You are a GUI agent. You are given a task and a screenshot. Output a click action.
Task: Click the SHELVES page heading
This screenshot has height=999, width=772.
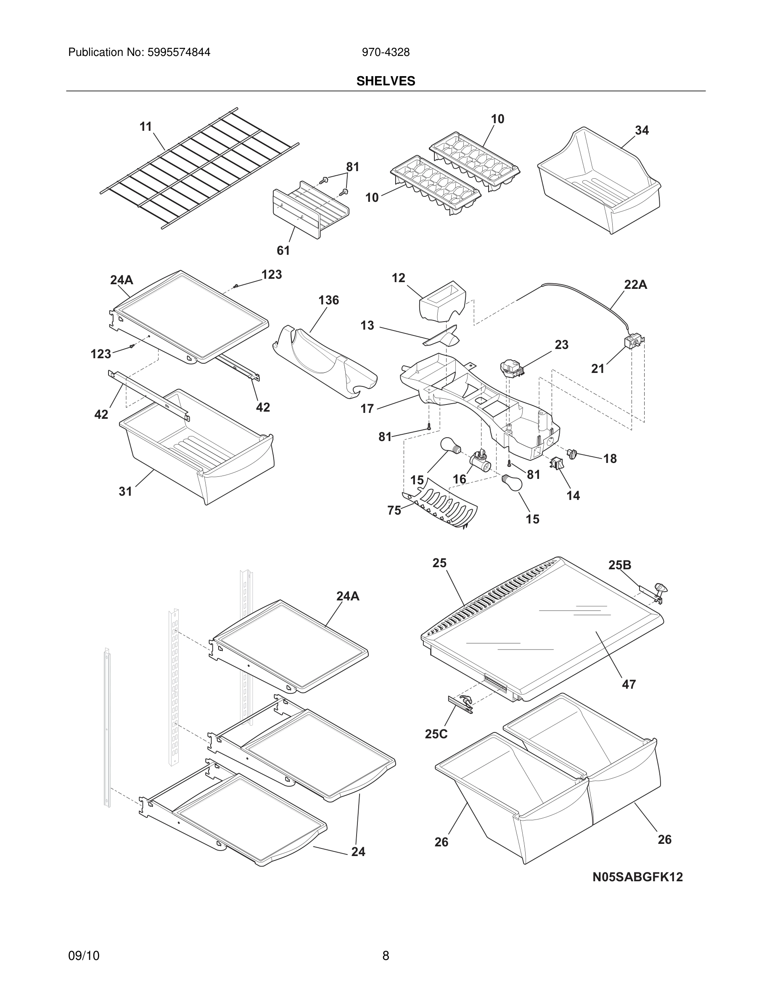click(x=386, y=81)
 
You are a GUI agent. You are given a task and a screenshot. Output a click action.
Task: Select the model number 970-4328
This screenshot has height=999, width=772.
click(x=386, y=53)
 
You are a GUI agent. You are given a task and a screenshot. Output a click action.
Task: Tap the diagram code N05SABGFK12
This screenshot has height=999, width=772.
click(x=637, y=877)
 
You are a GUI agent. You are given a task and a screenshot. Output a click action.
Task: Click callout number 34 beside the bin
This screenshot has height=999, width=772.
click(x=642, y=130)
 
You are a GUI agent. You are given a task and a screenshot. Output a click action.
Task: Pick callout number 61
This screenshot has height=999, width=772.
click(x=283, y=250)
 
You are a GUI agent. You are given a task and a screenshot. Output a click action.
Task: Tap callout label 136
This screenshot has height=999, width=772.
click(x=328, y=300)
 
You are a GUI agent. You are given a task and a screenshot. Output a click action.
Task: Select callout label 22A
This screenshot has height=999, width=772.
click(x=635, y=285)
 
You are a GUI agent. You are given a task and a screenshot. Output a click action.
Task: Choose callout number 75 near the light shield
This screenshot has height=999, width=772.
click(x=394, y=510)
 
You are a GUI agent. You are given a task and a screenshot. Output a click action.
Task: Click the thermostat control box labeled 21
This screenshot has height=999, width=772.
click(x=633, y=343)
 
